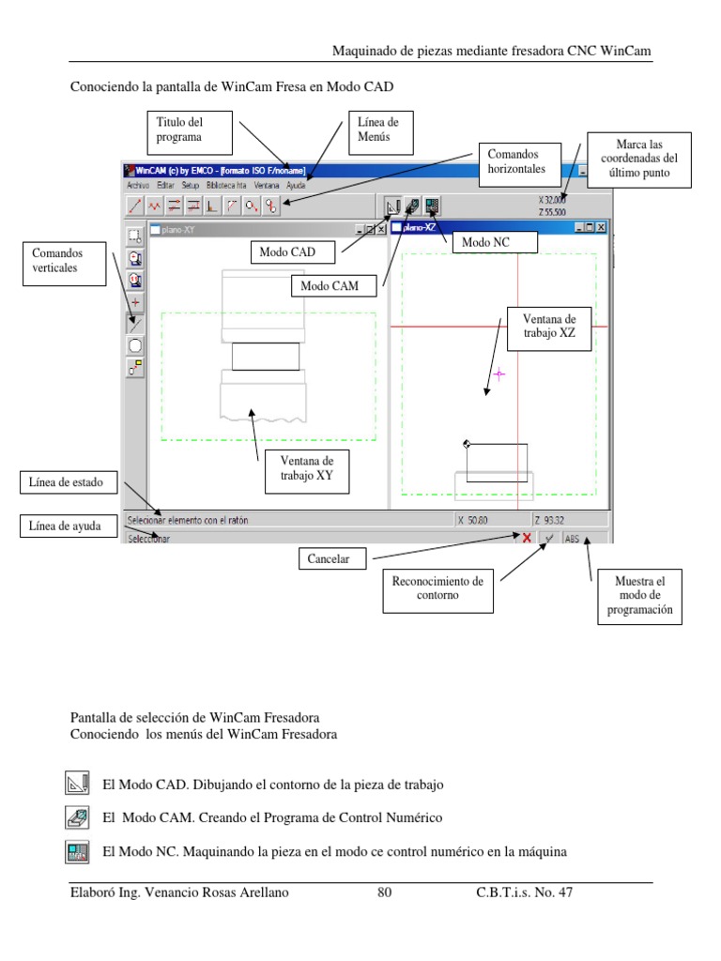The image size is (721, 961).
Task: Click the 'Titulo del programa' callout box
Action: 192,132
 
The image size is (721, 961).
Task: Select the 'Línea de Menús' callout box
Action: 377,132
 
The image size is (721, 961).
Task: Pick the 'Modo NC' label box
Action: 494,243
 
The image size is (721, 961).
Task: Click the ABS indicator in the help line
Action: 573,539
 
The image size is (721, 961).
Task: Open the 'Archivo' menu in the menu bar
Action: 137,186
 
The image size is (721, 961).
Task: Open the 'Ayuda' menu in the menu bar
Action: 296,186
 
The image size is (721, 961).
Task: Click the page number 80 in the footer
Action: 384,892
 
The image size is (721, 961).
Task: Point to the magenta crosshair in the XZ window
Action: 499,374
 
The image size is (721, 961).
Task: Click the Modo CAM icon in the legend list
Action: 77,817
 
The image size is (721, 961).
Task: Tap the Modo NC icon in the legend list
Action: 77,852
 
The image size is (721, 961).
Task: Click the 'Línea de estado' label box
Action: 67,483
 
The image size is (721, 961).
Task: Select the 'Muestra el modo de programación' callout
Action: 638,596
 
